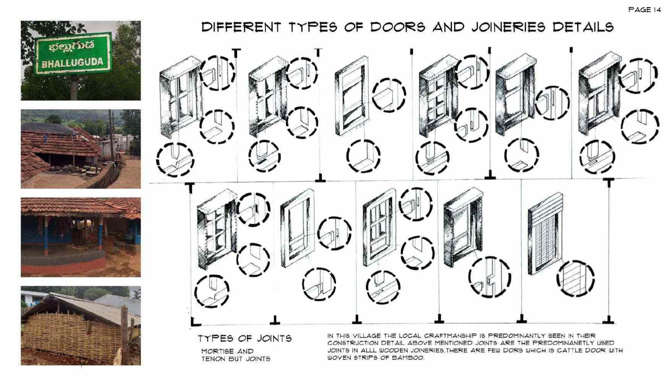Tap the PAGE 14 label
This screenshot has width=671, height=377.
[x=644, y=10]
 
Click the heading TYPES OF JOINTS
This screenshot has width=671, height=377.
[x=244, y=338]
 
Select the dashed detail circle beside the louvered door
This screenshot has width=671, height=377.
[x=575, y=279]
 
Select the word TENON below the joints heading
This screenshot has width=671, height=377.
[x=215, y=359]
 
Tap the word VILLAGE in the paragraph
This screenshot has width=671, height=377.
[x=367, y=336]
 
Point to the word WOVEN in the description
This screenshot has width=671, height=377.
[x=338, y=358]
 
